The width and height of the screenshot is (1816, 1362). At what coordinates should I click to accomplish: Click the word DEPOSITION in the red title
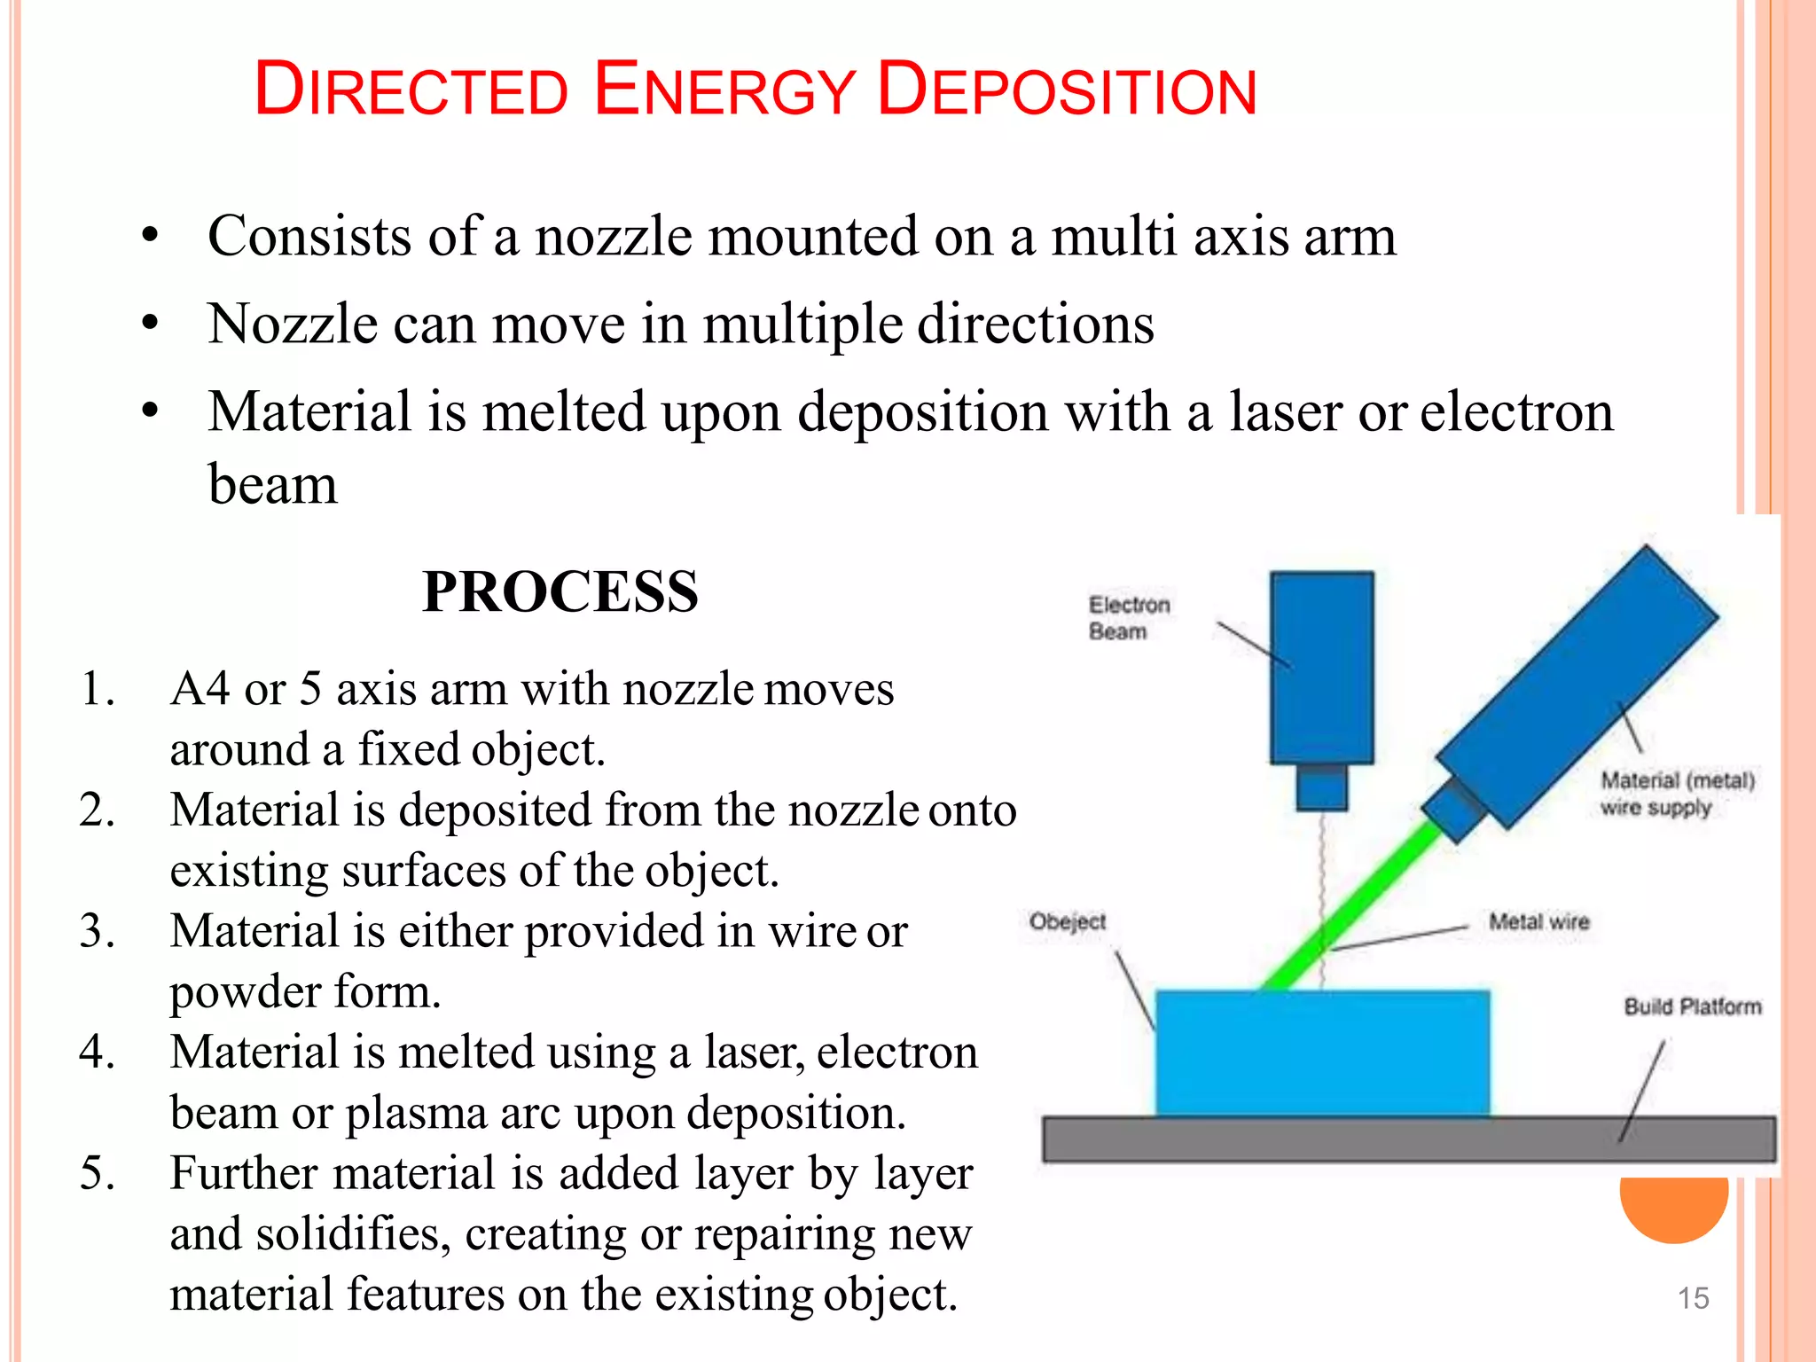1067,90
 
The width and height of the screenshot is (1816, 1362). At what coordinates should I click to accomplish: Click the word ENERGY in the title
724,90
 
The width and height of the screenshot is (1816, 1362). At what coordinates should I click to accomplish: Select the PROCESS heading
560,591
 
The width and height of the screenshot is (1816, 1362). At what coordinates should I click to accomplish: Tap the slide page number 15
1693,1298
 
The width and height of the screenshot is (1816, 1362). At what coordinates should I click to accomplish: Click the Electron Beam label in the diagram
1128,618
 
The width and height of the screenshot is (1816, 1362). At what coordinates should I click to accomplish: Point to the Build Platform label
1692,1006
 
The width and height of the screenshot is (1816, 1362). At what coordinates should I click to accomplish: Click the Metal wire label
1538,921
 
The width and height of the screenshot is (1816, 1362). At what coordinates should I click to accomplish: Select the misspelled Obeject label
1067,921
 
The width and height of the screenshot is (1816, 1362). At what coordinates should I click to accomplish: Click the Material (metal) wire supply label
1676,794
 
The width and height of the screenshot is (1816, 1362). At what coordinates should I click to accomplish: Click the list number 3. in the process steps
97,931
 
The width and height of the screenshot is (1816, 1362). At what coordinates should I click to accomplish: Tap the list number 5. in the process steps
97,1173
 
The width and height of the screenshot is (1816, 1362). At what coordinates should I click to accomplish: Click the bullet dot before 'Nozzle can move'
150,323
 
